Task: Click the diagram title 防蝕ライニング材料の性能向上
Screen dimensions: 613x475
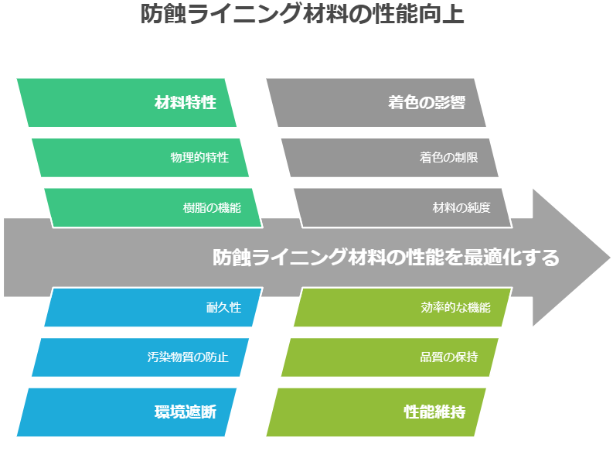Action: tap(302, 14)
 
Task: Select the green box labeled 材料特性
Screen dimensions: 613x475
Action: tap(126, 103)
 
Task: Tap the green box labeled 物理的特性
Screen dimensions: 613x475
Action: tap(140, 157)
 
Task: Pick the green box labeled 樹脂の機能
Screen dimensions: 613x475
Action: tap(153, 208)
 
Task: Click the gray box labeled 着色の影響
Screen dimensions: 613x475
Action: tap(376, 103)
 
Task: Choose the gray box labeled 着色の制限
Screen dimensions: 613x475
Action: tap(390, 157)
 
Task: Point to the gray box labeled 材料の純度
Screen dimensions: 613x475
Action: tap(403, 208)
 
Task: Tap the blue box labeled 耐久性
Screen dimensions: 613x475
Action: tap(153, 307)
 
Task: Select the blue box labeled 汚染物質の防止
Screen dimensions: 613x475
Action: tap(140, 357)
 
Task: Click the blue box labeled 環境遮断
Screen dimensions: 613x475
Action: tap(126, 412)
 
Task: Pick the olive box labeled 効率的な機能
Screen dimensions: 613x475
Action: tap(403, 307)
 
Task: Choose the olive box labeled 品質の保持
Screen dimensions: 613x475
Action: tap(390, 357)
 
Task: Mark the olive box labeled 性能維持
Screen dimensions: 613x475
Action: tap(376, 412)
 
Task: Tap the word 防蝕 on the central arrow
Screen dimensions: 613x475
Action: tap(231, 258)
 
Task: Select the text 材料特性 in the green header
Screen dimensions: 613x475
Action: tap(186, 103)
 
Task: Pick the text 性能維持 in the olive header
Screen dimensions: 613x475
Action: tap(434, 412)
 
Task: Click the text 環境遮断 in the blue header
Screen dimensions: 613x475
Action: tap(186, 412)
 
